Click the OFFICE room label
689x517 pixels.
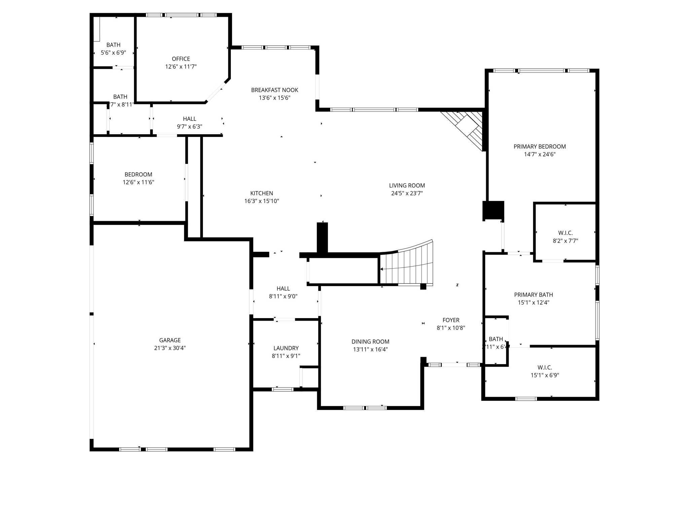click(x=181, y=59)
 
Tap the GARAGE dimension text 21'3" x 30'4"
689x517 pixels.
click(x=170, y=348)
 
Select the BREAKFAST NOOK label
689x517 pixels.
click(x=275, y=90)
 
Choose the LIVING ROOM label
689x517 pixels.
click(x=407, y=185)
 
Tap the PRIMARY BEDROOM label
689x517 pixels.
click(x=539, y=146)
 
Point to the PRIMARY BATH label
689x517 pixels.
click(x=533, y=295)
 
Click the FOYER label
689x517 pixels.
click(x=450, y=320)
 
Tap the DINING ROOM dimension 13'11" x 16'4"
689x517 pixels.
click(x=370, y=349)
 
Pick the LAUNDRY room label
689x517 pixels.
click(x=286, y=348)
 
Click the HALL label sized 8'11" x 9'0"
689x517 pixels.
click(x=283, y=288)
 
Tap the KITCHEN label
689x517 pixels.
click(x=261, y=193)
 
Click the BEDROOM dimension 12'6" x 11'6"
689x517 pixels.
click(x=138, y=182)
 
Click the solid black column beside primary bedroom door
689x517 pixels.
click(x=493, y=210)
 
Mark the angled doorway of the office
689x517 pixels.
click(x=217, y=91)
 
